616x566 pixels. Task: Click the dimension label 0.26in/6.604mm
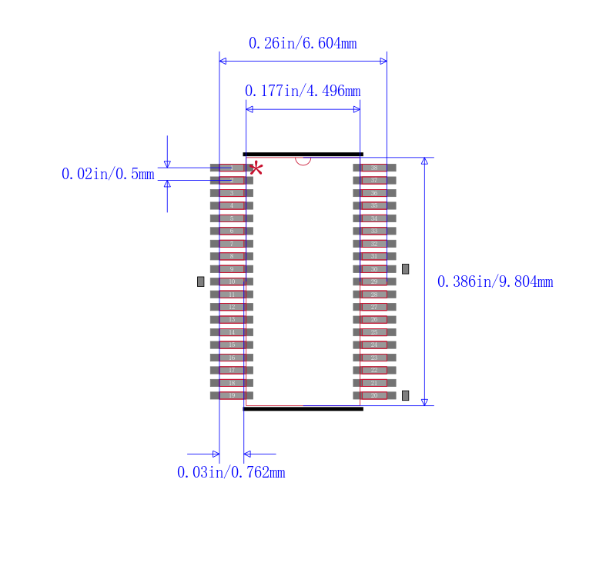click(x=303, y=44)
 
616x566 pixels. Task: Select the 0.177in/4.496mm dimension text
click(x=303, y=92)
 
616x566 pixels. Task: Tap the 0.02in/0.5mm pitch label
click(x=108, y=175)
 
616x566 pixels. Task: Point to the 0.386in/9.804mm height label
click(x=495, y=282)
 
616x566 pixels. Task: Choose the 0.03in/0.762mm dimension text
click(x=231, y=473)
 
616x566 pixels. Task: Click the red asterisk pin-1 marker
click(x=256, y=169)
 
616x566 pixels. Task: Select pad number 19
click(x=231, y=395)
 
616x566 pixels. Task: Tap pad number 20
click(x=374, y=395)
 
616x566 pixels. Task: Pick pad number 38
click(x=374, y=168)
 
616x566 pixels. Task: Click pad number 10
click(x=231, y=281)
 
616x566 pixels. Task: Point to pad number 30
click(x=374, y=269)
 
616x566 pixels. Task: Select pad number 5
click(x=231, y=218)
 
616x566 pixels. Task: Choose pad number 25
click(x=374, y=332)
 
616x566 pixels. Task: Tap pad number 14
click(x=231, y=332)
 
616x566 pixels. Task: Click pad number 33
click(x=374, y=231)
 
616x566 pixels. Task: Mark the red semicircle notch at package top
click(x=303, y=160)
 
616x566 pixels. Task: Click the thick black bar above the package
click(x=303, y=154)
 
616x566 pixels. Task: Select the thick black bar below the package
click(x=303, y=408)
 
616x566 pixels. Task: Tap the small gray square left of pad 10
click(x=201, y=281)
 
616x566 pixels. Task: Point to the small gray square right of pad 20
click(x=406, y=395)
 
